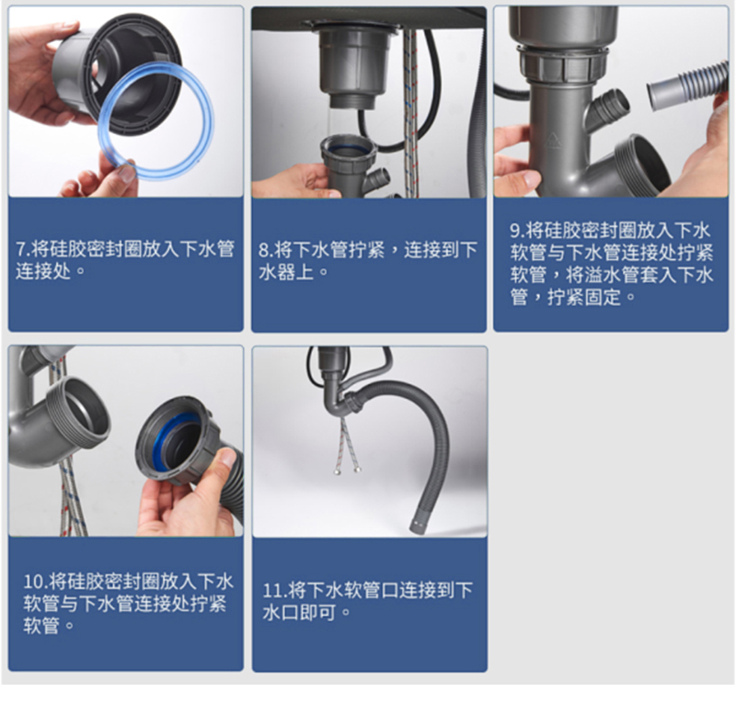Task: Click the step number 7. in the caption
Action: pos(22,249)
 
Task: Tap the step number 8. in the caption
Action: pos(265,250)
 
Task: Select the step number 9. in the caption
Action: pos(517,230)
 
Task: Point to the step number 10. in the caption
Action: pos(35,582)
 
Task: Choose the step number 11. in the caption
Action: pos(274,590)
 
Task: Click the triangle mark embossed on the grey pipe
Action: pos(553,140)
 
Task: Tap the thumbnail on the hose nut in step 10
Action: pos(227,458)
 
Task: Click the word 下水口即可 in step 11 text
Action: pos(298,612)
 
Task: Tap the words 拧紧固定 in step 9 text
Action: pos(584,297)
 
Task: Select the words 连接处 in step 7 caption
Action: pos(43,271)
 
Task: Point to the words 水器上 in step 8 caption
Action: pos(286,272)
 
